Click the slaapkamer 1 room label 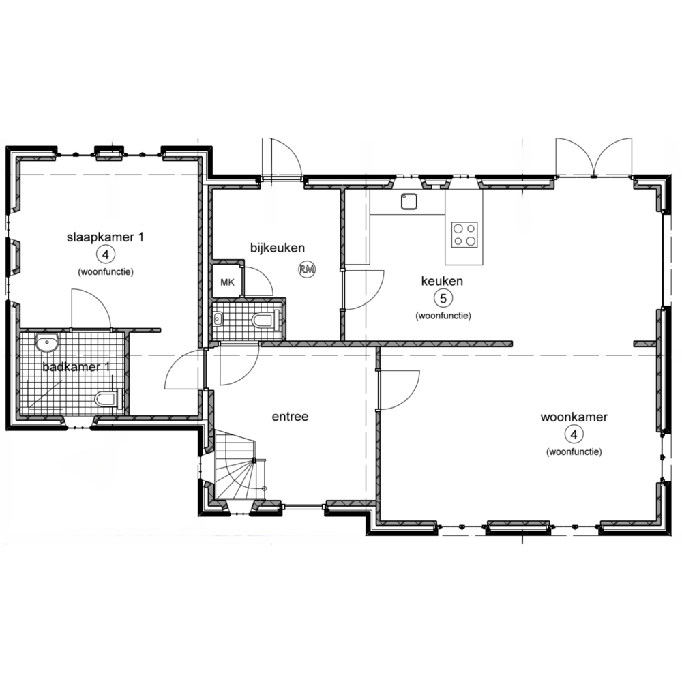(105, 237)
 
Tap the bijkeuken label (278, 248)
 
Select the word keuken (442, 281)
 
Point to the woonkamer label (574, 417)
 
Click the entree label (290, 417)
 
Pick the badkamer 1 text (76, 367)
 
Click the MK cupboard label (228, 283)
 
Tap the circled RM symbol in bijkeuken (307, 269)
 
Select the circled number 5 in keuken (443, 299)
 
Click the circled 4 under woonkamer (574, 434)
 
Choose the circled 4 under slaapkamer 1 (105, 254)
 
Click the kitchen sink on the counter (409, 201)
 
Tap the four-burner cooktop (464, 235)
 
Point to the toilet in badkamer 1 (106, 399)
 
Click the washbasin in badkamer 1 (47, 343)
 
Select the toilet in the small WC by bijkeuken (265, 321)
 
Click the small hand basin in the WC (218, 320)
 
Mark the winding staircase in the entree (238, 465)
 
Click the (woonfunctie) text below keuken (443, 316)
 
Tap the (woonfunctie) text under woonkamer (574, 452)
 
